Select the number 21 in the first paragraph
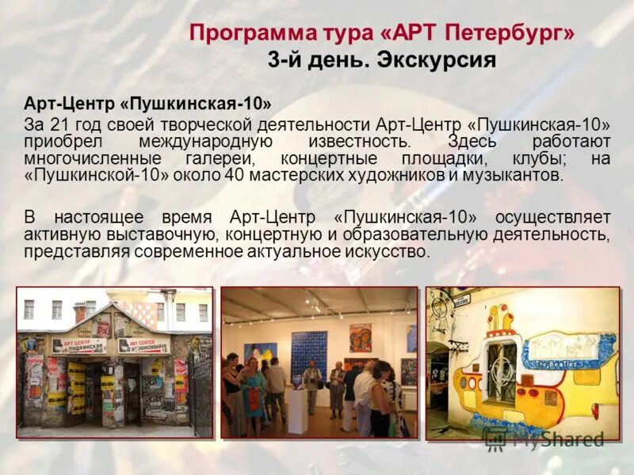pyautogui.click(x=59, y=124)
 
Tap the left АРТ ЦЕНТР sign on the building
pyautogui.click(x=79, y=345)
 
